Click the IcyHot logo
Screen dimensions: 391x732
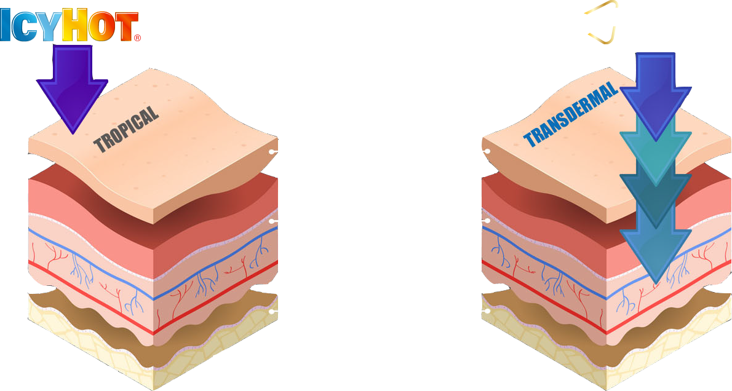tap(70, 25)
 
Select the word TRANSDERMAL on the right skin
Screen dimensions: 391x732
tap(570, 116)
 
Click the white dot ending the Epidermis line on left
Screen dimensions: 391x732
tap(271, 151)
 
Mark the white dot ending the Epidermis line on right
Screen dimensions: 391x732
tap(487, 151)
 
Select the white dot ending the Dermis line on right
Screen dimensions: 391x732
tap(487, 221)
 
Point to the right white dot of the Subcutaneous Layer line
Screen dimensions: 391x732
tap(487, 310)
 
